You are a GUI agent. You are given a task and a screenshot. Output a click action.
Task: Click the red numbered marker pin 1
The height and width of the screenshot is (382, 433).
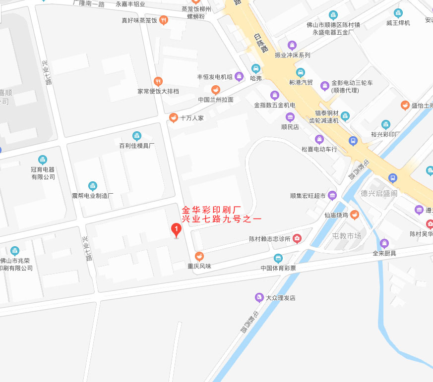tap(176, 229)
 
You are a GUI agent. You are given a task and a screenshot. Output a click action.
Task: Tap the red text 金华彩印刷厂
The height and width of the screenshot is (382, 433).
tap(212, 209)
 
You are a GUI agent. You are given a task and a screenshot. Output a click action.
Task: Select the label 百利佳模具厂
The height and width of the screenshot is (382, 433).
tap(137, 146)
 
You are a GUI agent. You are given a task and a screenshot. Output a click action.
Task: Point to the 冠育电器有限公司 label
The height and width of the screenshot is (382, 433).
tap(43, 173)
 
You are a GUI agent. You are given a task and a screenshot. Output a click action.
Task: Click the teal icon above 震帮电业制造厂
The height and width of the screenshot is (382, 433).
tap(93, 186)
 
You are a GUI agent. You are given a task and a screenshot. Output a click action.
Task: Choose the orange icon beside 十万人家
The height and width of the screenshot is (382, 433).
tap(173, 118)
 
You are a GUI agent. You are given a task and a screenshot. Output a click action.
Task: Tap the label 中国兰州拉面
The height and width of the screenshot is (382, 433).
tap(216, 100)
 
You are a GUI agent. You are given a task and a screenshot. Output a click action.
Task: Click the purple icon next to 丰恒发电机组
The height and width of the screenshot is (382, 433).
tap(239, 76)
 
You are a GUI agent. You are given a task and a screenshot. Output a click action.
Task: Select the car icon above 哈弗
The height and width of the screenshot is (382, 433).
tap(255, 69)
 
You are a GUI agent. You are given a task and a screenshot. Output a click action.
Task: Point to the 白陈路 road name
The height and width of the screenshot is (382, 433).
tap(259, 43)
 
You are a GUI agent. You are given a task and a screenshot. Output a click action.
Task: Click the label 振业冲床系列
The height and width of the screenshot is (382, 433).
tap(292, 55)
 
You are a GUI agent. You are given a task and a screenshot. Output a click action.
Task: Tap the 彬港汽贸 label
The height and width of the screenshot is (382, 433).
tap(301, 82)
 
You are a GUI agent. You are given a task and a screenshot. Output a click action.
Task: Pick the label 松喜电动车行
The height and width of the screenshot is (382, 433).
tap(319, 149)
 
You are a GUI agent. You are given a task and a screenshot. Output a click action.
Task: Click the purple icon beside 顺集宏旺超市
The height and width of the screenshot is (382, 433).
tap(332, 195)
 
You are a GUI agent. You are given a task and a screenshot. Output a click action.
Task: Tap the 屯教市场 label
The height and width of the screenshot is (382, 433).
tap(347, 236)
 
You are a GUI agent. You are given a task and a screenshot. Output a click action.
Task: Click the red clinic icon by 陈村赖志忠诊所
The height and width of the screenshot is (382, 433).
tap(297, 239)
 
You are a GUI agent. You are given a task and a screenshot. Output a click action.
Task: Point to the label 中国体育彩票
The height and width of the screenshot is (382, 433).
tap(278, 269)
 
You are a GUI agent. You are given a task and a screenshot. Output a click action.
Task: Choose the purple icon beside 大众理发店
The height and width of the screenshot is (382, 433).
tap(259, 298)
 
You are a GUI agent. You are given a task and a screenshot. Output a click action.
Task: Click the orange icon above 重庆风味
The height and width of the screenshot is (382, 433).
tap(199, 256)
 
